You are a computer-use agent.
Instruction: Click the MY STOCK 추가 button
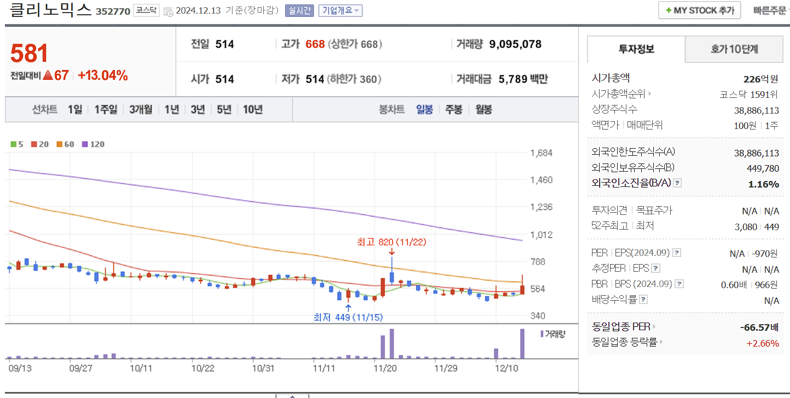coord(699,10)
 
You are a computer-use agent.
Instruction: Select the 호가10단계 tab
coord(734,49)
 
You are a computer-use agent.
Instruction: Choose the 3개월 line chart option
coord(141,109)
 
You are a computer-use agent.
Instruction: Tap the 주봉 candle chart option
coord(454,109)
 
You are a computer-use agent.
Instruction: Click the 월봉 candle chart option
coord(484,109)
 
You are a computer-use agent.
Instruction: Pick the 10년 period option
coord(252,109)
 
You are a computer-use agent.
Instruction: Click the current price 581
coord(30,54)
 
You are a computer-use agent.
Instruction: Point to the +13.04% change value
coord(103,76)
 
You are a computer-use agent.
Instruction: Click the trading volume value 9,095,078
coord(515,44)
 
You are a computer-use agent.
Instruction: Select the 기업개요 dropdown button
coord(340,10)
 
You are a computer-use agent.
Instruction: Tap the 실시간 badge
coord(299,10)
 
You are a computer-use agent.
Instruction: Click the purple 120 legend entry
coord(93,144)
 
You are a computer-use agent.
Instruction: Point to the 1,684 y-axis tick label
coord(541,153)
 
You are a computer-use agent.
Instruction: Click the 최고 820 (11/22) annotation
coord(391,241)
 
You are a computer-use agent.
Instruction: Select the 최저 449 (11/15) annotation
coord(347,317)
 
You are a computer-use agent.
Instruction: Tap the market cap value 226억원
coord(761,79)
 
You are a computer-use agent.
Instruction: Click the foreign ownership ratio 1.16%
coord(763,184)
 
